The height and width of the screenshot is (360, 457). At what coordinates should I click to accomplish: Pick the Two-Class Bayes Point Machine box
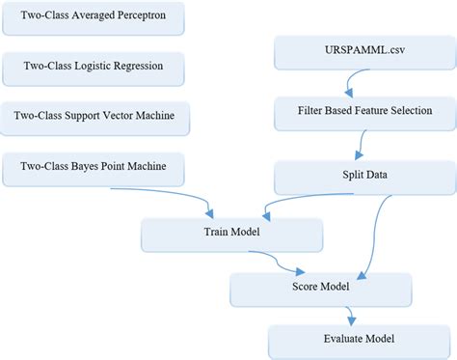click(94, 168)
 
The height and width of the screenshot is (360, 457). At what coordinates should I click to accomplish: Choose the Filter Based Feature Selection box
click(364, 111)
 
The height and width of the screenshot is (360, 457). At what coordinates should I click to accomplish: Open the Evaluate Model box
click(346, 339)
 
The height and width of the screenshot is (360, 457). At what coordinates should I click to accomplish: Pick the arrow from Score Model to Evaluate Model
click(352, 314)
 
